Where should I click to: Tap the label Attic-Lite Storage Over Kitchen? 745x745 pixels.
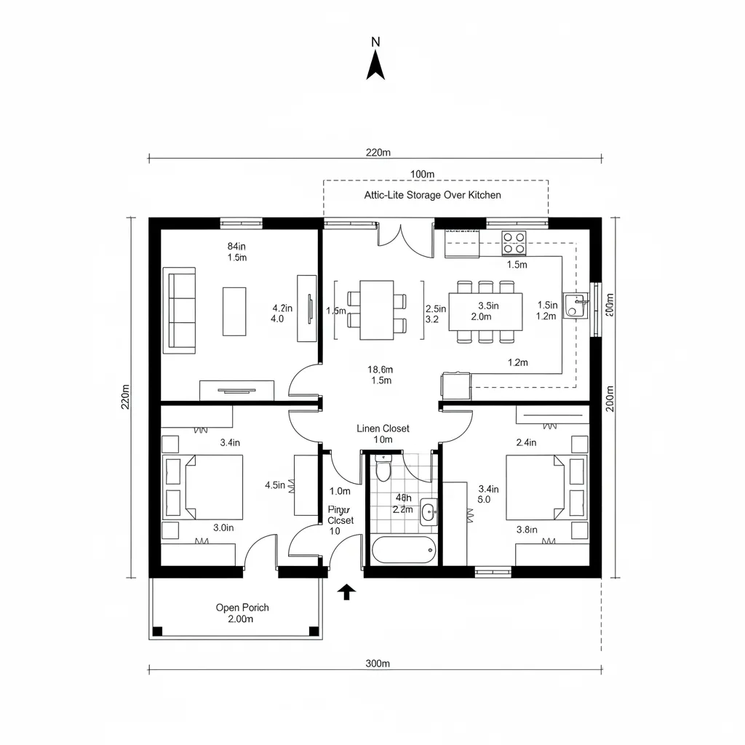click(432, 195)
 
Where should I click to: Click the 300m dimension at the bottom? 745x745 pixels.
click(378, 663)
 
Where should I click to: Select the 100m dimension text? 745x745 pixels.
click(422, 174)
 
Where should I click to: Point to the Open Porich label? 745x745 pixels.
click(242, 607)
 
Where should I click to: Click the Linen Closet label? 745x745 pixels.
click(383, 429)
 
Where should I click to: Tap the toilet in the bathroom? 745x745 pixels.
click(383, 469)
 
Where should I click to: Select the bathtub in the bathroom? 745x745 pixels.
click(404, 550)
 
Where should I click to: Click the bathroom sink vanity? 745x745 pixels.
click(429, 512)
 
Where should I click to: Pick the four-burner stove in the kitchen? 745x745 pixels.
click(514, 242)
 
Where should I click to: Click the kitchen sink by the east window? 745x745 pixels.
click(575, 306)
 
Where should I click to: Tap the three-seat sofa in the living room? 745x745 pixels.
click(180, 310)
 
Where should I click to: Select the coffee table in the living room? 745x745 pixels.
click(234, 311)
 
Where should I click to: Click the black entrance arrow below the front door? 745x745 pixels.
click(347, 591)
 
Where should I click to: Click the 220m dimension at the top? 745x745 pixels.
click(378, 153)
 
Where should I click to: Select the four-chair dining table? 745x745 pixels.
click(377, 310)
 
